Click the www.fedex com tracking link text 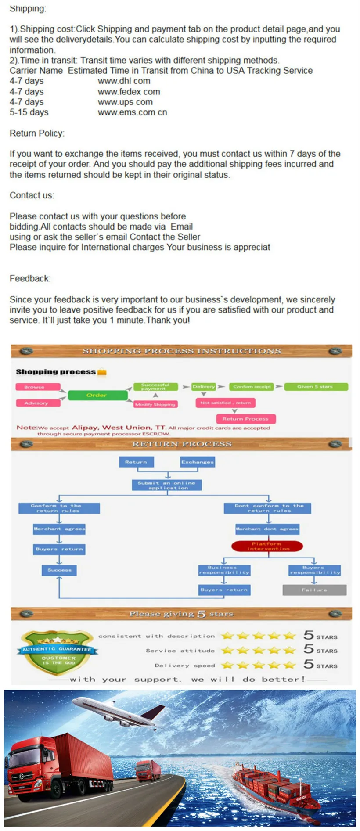(129, 92)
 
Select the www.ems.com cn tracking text (132, 112)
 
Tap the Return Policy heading (37, 133)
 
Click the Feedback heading (30, 279)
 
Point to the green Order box (97, 395)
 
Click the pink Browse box (38, 387)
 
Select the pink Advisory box (38, 403)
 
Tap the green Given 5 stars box (316, 387)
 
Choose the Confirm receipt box (251, 387)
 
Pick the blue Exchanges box (198, 462)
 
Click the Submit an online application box (166, 485)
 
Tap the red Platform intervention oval (267, 546)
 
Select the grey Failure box (314, 590)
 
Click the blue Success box (59, 570)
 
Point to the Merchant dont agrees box (267, 529)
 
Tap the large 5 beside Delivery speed (309, 664)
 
